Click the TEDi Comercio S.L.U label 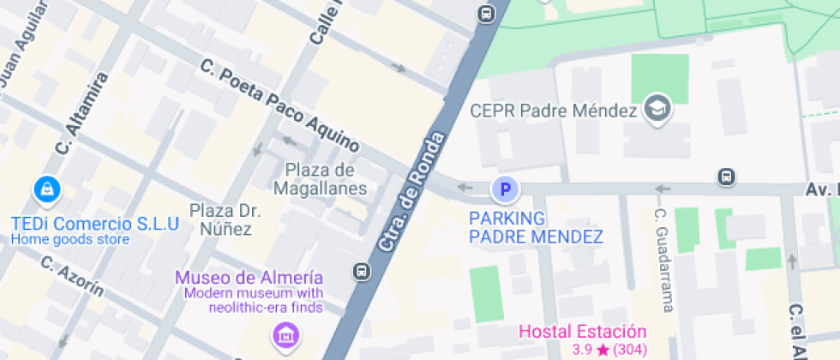(94, 224)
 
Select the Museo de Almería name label (249, 278)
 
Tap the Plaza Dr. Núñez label (225, 219)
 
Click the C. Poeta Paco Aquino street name (279, 105)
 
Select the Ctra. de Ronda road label (413, 193)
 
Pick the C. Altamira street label (82, 113)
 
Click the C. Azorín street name (72, 276)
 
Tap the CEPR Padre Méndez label (555, 111)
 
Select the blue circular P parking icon (505, 188)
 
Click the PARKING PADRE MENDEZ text (536, 227)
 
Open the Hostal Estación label (583, 331)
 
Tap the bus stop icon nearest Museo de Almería (361, 272)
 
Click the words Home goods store (70, 240)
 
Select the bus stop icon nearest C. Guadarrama (726, 177)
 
